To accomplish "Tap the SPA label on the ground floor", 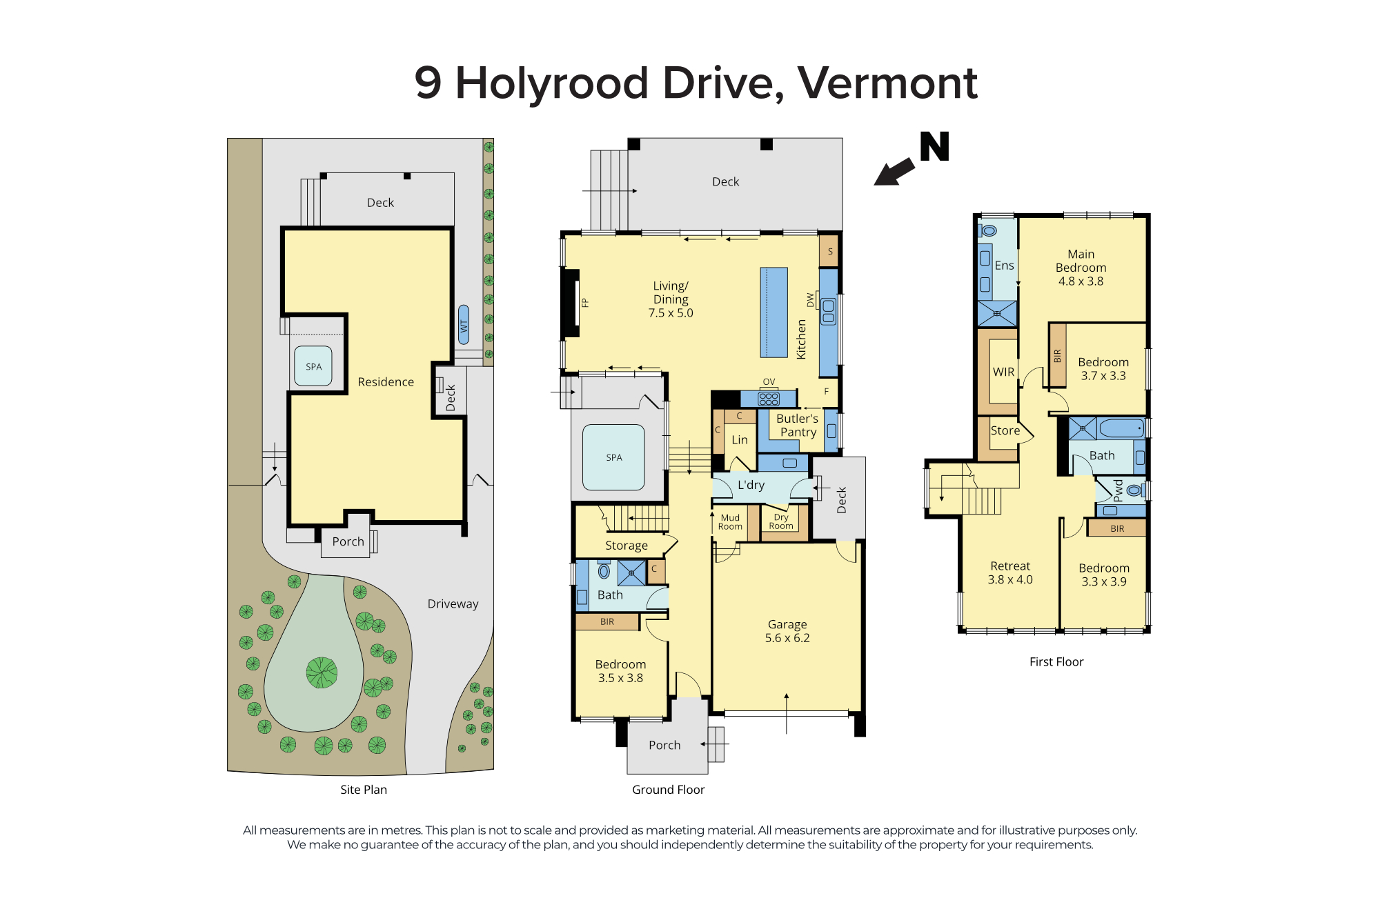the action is [614, 457].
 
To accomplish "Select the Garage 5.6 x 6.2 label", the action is [787, 631].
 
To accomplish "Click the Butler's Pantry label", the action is [798, 426].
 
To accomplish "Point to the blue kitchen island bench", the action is [774, 312].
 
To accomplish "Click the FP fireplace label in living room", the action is [585, 302].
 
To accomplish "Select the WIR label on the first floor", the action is [1003, 372].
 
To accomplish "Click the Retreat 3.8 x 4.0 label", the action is [1010, 572].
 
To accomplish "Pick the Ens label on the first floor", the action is [1005, 266].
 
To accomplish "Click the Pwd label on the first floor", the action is [1118, 490].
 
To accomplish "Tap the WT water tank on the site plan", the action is [464, 325].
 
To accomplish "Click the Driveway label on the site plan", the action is [453, 603].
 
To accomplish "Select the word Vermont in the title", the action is [887, 83].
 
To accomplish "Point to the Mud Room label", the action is [730, 522].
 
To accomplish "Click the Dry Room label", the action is [781, 521].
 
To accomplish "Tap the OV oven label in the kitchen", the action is [769, 382].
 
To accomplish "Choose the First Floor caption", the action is [1056, 662].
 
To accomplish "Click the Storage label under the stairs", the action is [627, 546].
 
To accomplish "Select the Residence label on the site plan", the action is [386, 382].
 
